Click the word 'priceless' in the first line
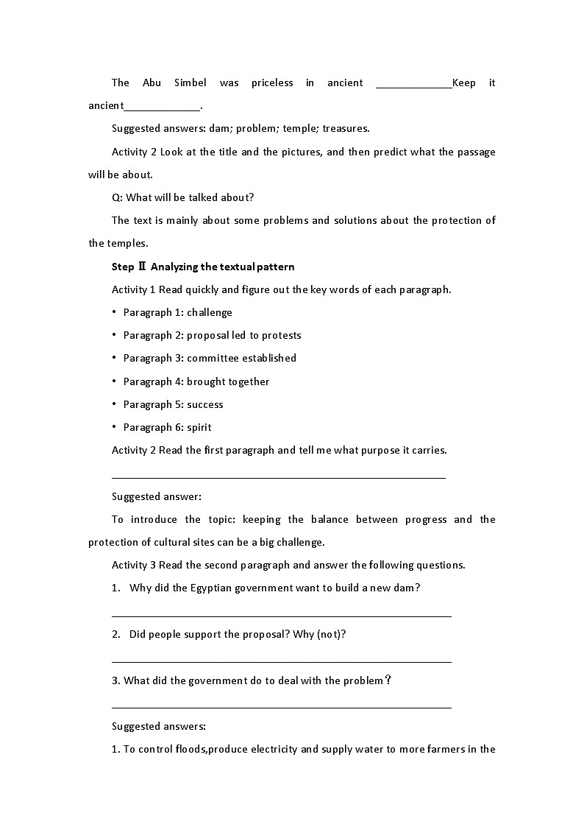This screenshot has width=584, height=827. [271, 82]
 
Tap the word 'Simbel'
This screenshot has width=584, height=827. [190, 82]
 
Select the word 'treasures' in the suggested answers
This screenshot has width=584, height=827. [345, 128]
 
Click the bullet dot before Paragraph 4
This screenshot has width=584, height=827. [115, 381]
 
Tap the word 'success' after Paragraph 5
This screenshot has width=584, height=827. [204, 404]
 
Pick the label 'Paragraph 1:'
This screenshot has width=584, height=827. [153, 312]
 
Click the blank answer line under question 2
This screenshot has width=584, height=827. [281, 661]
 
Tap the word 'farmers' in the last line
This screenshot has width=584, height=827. [427, 749]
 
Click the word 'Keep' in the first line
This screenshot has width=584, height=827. [463, 82]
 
